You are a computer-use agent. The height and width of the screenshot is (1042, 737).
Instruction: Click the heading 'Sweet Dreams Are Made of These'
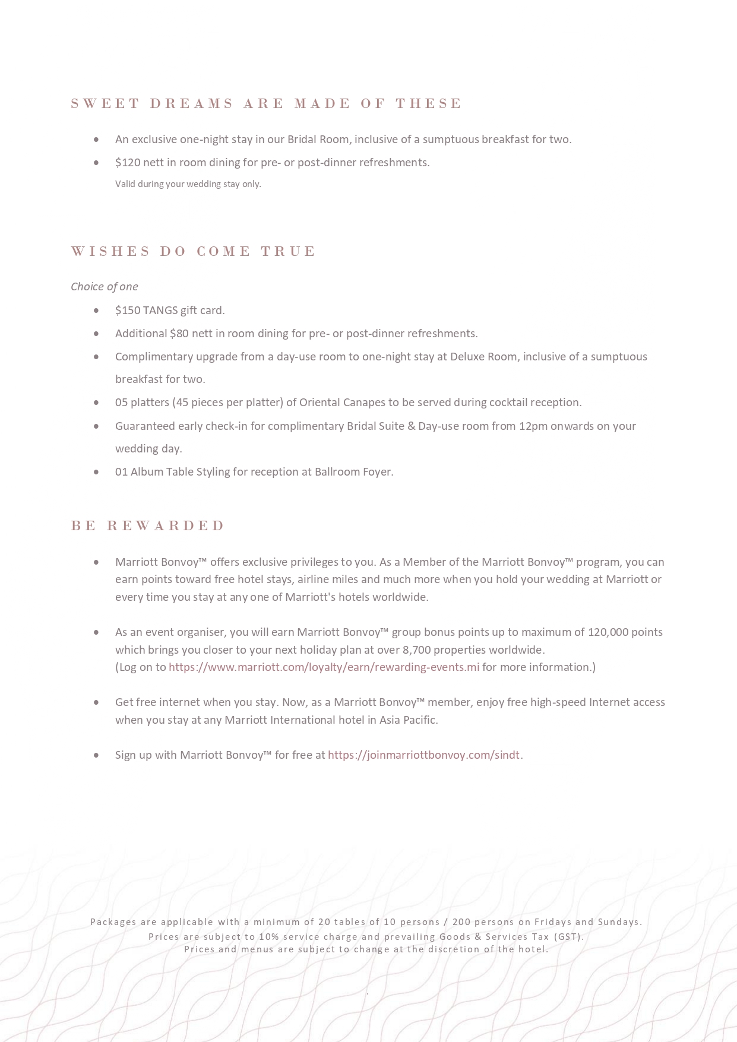[265, 104]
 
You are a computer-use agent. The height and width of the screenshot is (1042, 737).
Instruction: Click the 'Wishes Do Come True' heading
[193, 252]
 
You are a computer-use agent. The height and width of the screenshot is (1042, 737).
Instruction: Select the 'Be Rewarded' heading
[148, 526]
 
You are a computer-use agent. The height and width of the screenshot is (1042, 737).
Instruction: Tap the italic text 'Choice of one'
[105, 287]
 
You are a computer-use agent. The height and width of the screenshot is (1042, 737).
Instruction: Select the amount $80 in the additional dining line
[179, 334]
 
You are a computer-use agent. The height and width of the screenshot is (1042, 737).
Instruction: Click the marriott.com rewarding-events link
[324, 667]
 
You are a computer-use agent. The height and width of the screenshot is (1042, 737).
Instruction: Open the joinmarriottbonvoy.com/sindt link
[423, 755]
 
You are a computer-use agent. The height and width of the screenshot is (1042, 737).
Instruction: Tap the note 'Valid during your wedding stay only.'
[188, 184]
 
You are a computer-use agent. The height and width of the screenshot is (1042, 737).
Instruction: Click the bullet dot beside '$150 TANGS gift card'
[96, 311]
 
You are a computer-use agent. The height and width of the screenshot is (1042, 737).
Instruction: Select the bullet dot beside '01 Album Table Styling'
[96, 472]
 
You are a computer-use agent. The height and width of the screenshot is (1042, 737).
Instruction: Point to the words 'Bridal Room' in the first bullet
[319, 140]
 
